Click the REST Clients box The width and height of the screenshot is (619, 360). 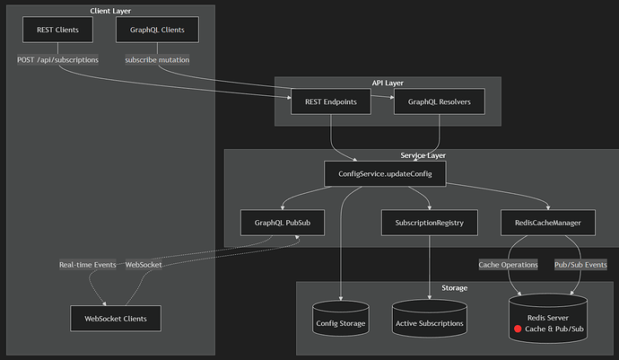click(x=57, y=30)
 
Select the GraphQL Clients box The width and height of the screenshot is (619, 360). click(x=157, y=30)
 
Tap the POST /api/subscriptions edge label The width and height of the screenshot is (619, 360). click(x=57, y=59)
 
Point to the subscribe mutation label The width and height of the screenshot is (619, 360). click(x=157, y=59)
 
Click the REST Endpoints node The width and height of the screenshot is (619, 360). click(x=331, y=101)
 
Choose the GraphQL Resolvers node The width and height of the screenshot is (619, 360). click(x=440, y=101)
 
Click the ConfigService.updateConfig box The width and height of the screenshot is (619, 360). click(x=385, y=174)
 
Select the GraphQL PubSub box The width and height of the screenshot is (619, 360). click(x=283, y=223)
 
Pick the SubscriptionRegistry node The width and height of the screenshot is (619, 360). click(x=430, y=223)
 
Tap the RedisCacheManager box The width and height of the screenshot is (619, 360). click(x=548, y=223)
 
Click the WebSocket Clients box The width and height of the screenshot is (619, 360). click(x=116, y=319)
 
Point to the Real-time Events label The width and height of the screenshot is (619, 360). click(x=88, y=265)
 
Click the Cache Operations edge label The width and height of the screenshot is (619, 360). click(x=508, y=265)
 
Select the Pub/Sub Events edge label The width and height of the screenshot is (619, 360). click(x=580, y=265)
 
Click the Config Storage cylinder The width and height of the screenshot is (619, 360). click(x=341, y=319)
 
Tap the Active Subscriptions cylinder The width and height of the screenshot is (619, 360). click(x=430, y=319)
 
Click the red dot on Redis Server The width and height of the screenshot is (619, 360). click(x=518, y=329)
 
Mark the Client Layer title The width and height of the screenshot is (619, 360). click(x=110, y=11)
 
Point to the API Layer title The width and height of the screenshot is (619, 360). click(x=388, y=83)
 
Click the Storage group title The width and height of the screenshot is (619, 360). click(x=454, y=287)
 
